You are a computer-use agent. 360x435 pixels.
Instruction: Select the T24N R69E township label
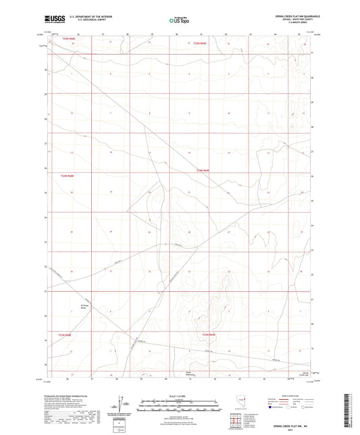point(204,171)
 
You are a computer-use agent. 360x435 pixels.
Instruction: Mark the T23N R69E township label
point(209,334)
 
